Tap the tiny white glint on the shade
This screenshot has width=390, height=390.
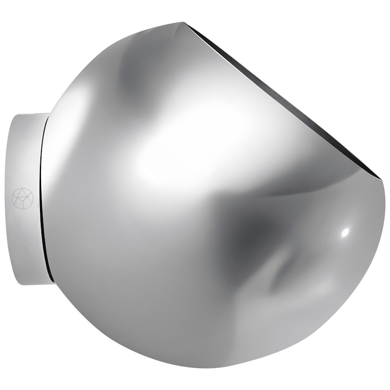345,233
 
